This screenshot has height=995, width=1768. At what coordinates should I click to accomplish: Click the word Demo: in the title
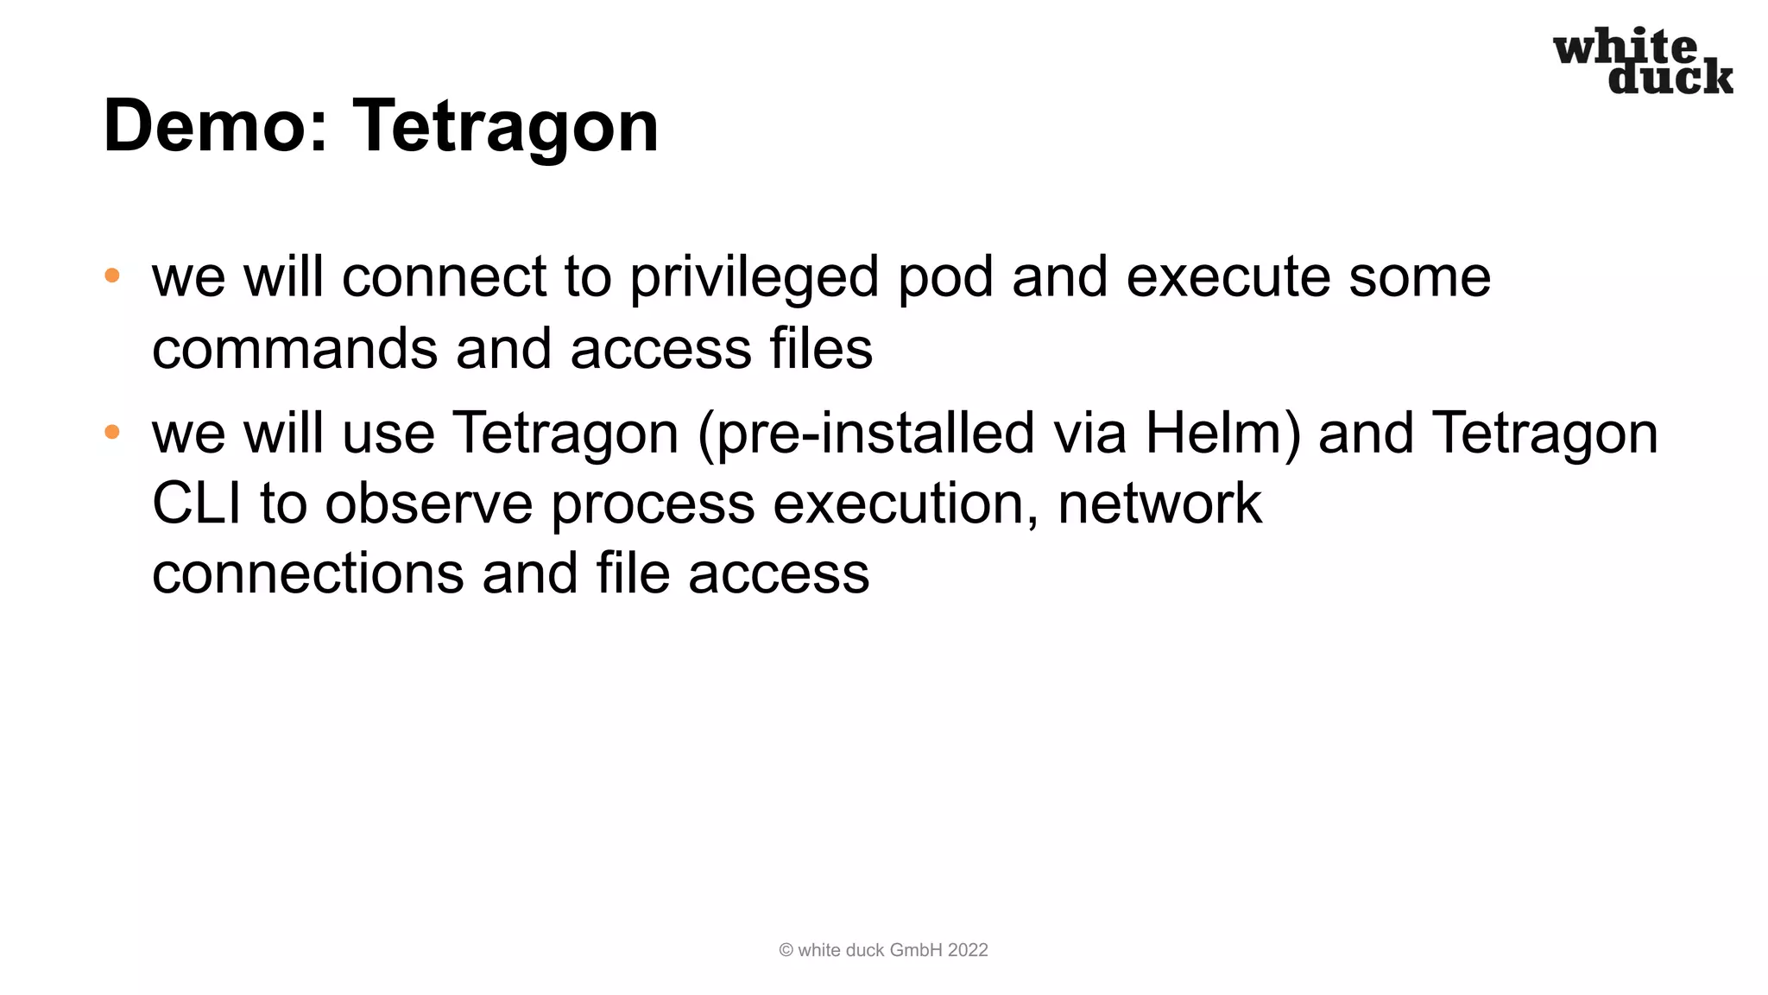pos(215,126)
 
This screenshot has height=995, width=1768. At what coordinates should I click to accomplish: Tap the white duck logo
pos(1643,60)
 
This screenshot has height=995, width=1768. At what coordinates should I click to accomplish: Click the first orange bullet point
pos(112,276)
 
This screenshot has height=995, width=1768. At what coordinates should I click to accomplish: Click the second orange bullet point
pos(112,432)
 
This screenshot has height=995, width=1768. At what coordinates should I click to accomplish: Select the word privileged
pos(754,278)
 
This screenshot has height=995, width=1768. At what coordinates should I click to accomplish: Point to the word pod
pos(946,278)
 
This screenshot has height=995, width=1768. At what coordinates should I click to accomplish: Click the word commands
pos(294,349)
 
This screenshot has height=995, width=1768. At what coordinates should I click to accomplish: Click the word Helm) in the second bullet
pos(1222,434)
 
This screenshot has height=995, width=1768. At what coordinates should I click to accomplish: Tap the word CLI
pos(196,504)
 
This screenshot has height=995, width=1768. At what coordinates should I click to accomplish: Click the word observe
pos(428,504)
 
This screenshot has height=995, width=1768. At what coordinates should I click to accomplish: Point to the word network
pos(1159,504)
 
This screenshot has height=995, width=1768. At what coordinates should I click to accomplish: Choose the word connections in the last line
pos(307,574)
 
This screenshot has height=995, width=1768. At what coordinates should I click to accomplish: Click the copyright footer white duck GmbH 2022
pos(883,950)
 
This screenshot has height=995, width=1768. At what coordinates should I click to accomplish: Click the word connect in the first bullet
pos(444,278)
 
